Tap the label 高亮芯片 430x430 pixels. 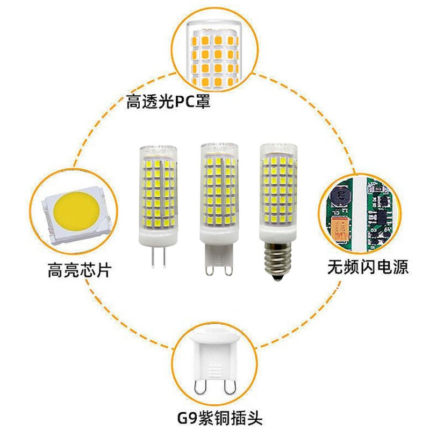click(78, 269)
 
